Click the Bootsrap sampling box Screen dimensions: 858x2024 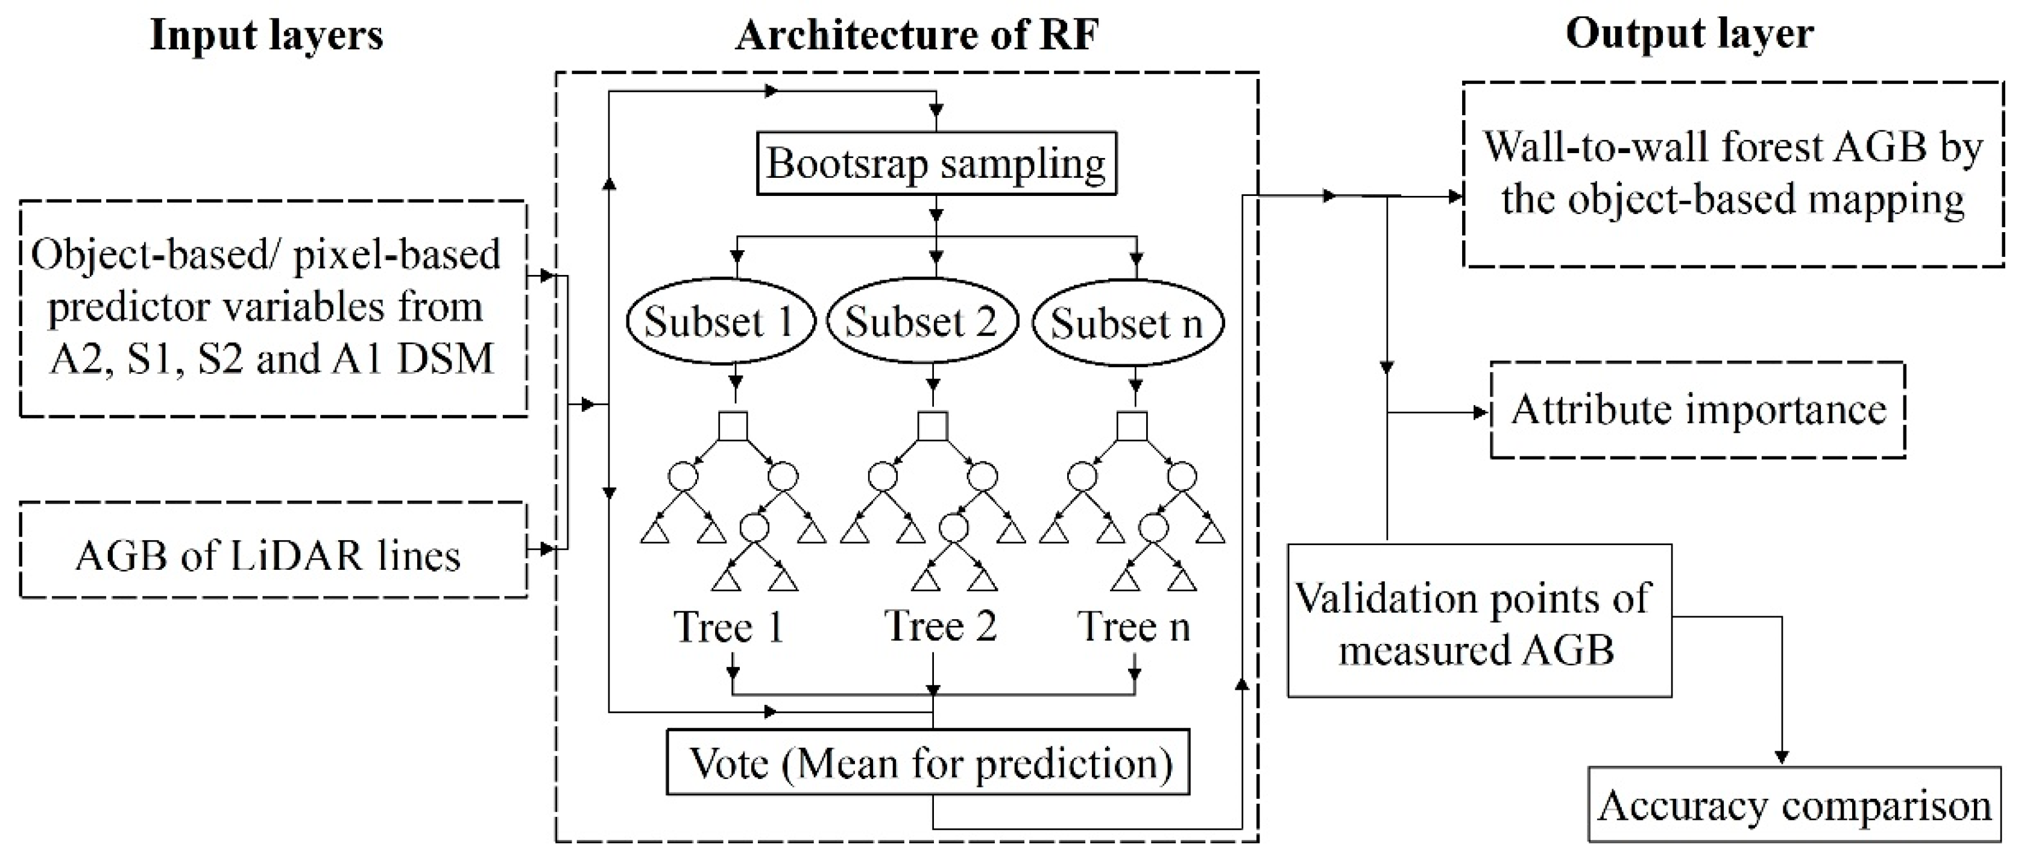click(x=936, y=163)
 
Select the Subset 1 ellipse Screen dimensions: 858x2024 click(x=720, y=322)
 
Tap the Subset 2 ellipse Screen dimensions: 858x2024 click(x=921, y=322)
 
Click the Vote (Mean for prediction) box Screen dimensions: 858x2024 click(x=928, y=762)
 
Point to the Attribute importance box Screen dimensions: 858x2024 click(x=1697, y=410)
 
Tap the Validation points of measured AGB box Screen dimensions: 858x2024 click(x=1479, y=620)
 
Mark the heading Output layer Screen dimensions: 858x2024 click(x=1689, y=34)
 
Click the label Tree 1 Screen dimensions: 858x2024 click(x=728, y=627)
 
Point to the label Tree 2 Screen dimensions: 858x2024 click(x=941, y=626)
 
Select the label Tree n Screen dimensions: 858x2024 click(x=1133, y=627)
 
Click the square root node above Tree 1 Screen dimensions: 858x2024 click(x=733, y=427)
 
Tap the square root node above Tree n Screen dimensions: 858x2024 click(x=1132, y=427)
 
